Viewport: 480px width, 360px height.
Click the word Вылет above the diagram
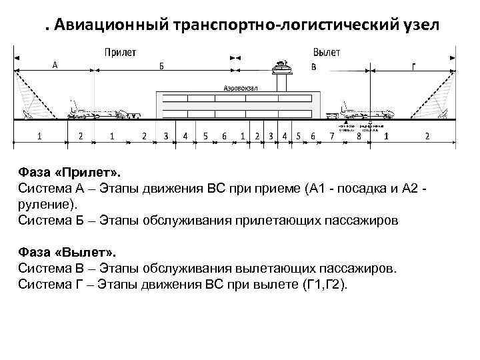coord(327,52)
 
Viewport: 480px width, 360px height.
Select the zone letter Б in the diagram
coord(161,65)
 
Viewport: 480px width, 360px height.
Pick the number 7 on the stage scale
coord(332,136)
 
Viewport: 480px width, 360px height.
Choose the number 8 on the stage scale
coord(359,136)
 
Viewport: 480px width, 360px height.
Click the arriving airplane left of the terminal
coord(100,111)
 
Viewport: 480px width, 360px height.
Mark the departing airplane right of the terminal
coord(365,111)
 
